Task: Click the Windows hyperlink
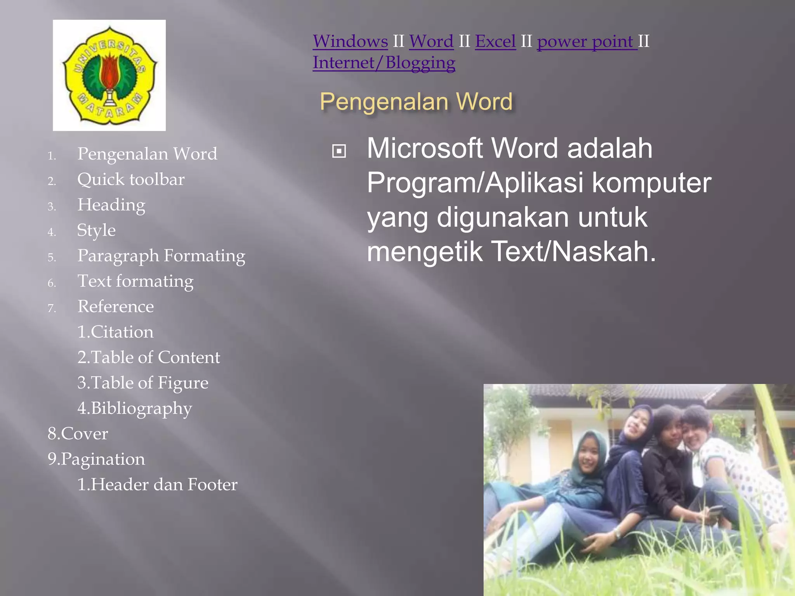point(350,42)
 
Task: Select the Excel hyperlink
point(495,42)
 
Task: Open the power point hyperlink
point(587,42)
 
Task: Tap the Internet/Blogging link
point(384,63)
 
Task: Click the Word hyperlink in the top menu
point(431,42)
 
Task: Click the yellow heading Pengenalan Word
point(416,102)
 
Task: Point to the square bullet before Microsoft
point(339,151)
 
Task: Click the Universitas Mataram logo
point(109,75)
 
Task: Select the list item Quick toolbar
point(131,180)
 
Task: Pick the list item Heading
point(111,205)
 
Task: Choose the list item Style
point(96,230)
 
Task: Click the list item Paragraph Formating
point(161,256)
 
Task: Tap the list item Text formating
point(135,281)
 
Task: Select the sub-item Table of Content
point(149,357)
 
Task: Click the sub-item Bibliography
point(135,409)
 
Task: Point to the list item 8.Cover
point(78,434)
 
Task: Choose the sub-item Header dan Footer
point(157,485)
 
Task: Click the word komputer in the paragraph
point(651,183)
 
